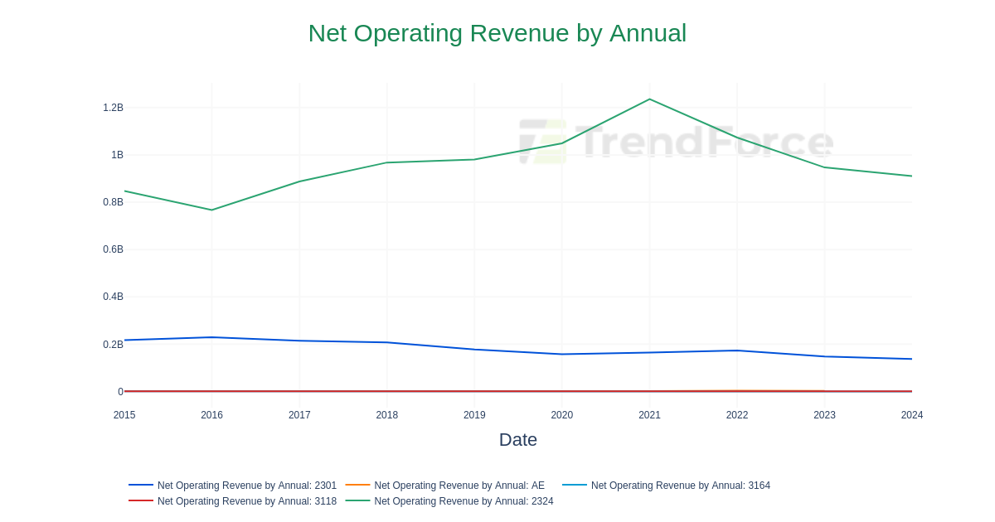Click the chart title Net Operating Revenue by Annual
[x=497, y=33]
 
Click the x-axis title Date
[x=517, y=440]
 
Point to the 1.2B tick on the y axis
[x=113, y=108]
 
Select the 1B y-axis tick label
[x=117, y=155]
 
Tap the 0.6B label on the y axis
[x=113, y=249]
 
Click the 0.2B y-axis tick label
[x=113, y=345]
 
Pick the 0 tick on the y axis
[x=120, y=392]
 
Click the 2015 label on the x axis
[x=124, y=415]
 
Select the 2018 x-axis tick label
[x=386, y=415]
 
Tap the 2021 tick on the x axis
[x=649, y=415]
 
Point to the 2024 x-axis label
[x=911, y=415]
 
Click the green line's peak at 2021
[x=649, y=99]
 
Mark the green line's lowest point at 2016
[x=211, y=210]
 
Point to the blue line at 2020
[x=562, y=355]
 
